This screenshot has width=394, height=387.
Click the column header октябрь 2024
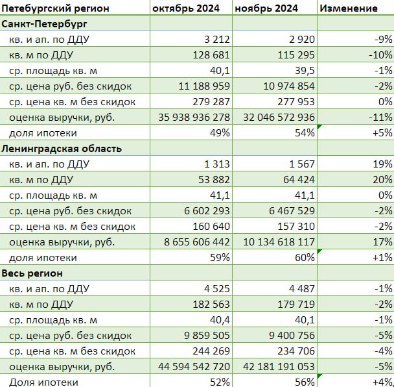(x=186, y=8)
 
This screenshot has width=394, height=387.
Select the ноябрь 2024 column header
(x=266, y=8)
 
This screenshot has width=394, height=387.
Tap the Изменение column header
(x=349, y=8)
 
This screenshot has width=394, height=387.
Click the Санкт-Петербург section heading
(x=44, y=24)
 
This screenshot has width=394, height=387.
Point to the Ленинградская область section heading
(x=62, y=149)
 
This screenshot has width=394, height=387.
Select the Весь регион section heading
(x=32, y=273)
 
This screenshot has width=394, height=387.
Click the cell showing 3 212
(x=217, y=40)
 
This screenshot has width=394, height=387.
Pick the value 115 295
(x=296, y=55)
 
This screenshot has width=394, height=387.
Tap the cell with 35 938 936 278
(x=194, y=118)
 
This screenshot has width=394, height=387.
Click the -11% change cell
(x=380, y=118)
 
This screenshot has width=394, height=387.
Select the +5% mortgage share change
(x=382, y=133)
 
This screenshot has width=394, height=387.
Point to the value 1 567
(x=302, y=164)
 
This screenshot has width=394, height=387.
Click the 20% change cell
(x=383, y=180)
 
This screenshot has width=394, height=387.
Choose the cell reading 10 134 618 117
(x=279, y=242)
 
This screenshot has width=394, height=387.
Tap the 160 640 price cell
(x=211, y=227)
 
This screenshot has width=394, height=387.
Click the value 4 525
(x=217, y=289)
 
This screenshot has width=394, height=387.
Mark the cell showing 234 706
(x=296, y=351)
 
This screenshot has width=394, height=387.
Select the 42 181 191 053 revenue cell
(x=279, y=367)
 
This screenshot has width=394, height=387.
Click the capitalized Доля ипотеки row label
(x=43, y=382)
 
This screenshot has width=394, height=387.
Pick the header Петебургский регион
(x=55, y=8)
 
